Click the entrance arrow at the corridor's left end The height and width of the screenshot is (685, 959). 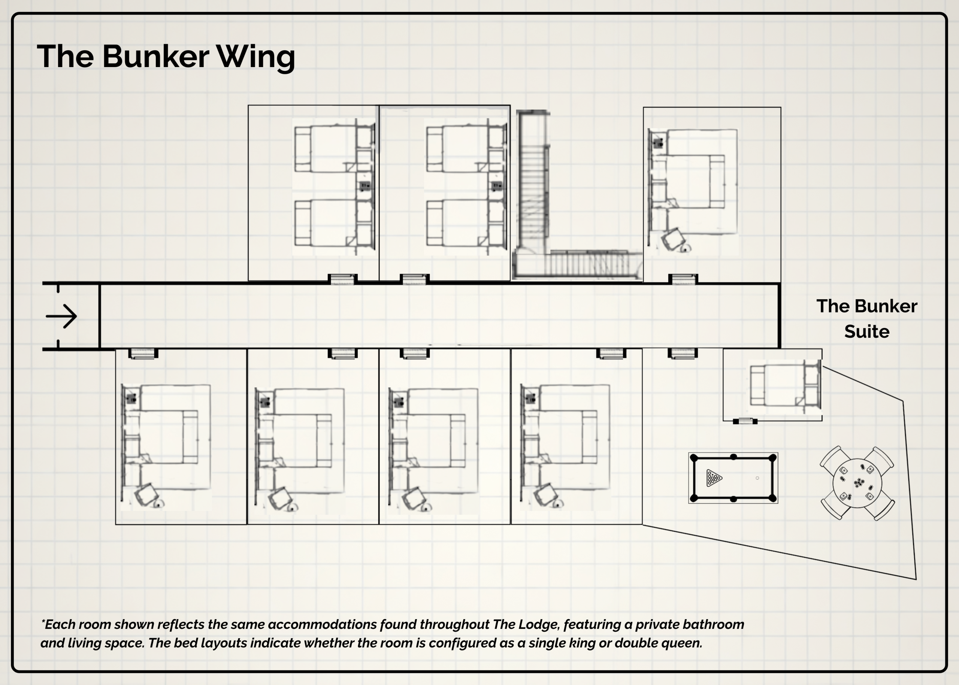61,316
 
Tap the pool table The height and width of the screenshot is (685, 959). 733,478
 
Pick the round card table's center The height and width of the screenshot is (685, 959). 857,484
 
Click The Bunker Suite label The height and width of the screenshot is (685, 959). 866,318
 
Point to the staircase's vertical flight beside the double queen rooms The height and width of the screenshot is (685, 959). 533,181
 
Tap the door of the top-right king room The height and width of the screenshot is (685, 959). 683,279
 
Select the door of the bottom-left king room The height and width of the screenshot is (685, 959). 143,354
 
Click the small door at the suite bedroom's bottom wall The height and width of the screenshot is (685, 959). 745,421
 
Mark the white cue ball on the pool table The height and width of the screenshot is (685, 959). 757,478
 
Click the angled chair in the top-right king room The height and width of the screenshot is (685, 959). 672,239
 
